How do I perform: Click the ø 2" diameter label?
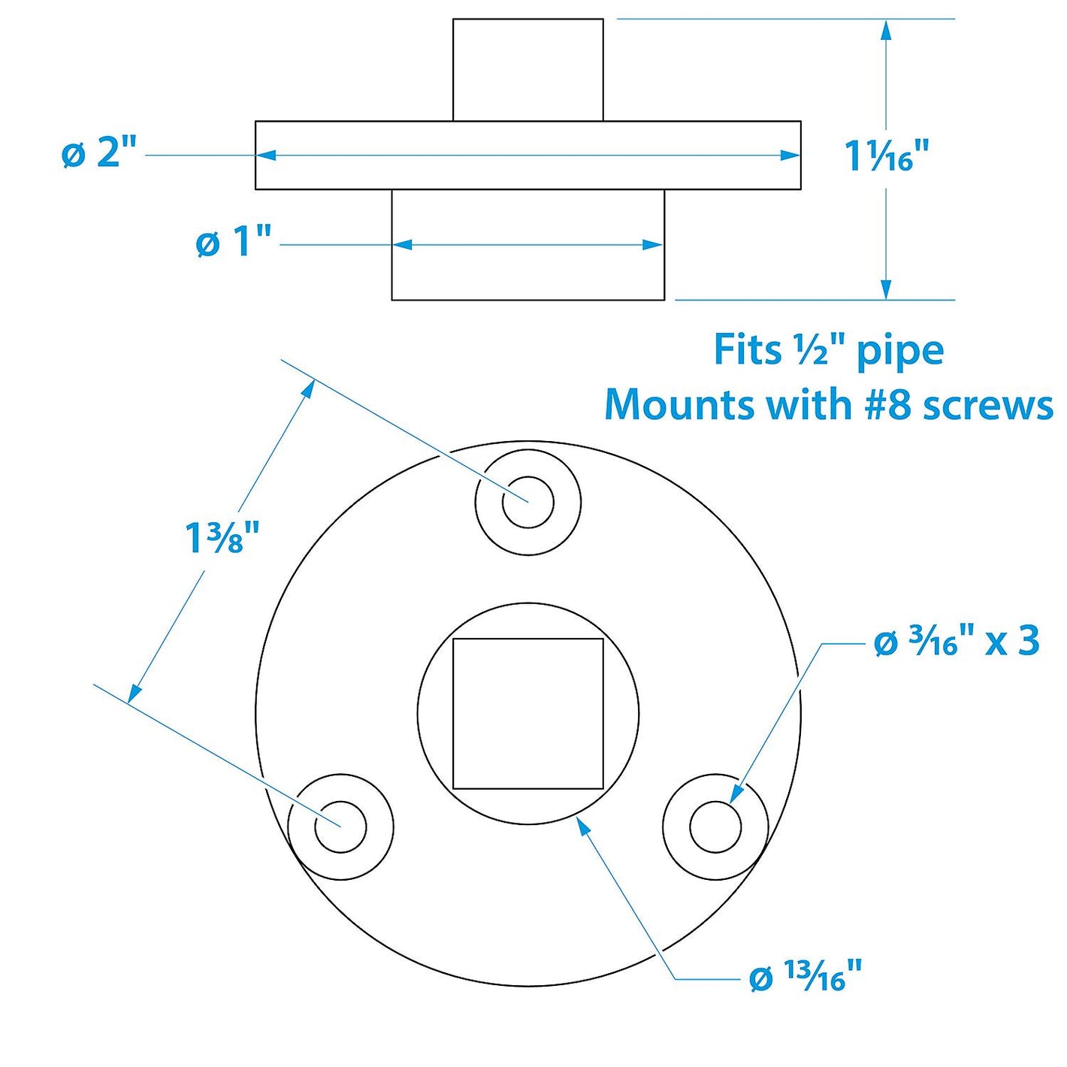click(99, 154)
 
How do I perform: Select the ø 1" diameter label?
click(233, 243)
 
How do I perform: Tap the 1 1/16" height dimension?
click(887, 157)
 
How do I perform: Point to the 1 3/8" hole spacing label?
click(222, 538)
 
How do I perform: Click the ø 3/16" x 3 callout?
click(957, 642)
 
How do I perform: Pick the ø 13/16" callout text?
click(805, 977)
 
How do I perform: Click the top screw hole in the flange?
click(527, 502)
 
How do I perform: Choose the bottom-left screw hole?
click(340, 827)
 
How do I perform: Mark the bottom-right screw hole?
click(715, 827)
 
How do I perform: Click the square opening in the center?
click(527, 714)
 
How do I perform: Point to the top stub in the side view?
click(527, 69)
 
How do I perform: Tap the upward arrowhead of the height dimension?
click(887, 32)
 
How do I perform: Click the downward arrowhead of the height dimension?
click(887, 289)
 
